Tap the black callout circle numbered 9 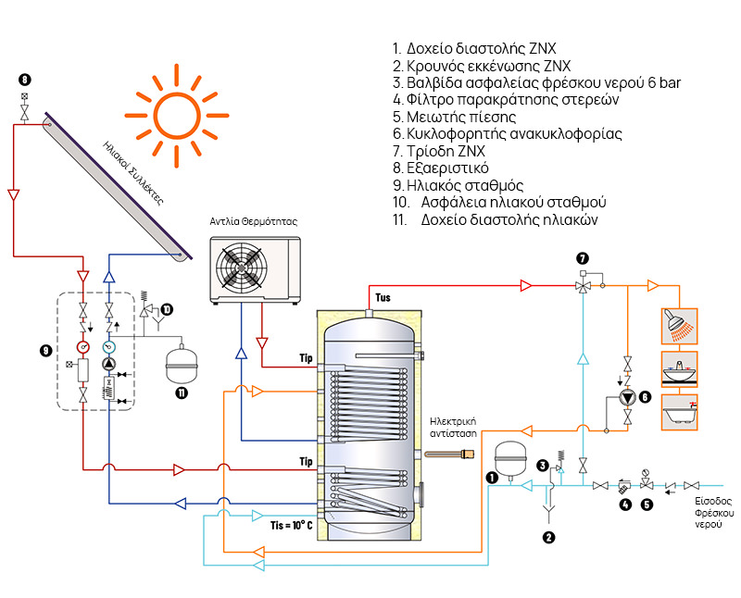coord(45,350)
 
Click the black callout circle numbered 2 coord(548,537)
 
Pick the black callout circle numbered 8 coord(24,80)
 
